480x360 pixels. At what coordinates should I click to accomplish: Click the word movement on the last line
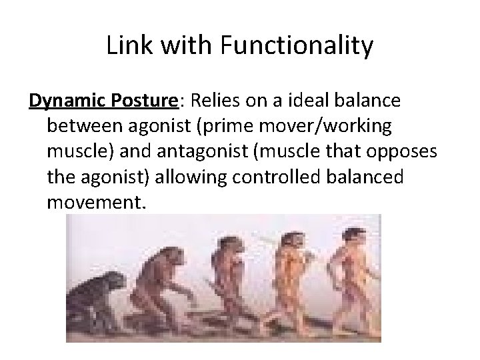[x=93, y=201]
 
